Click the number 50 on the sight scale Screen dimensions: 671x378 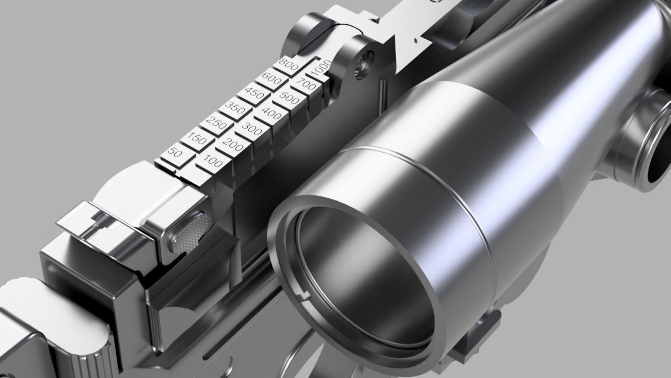pos(175,153)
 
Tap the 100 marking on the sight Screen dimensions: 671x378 pos(213,161)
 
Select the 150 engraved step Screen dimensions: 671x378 pos(197,139)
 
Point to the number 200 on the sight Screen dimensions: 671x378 pos(234,144)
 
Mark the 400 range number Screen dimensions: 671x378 pos(271,114)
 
